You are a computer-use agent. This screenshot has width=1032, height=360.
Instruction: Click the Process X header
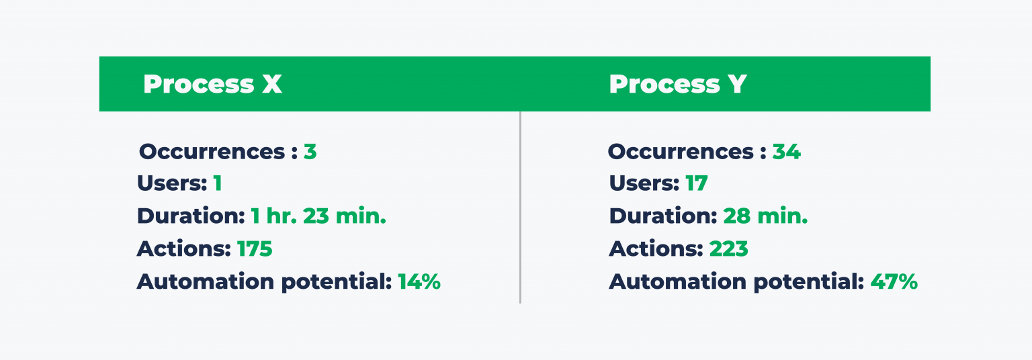(x=212, y=85)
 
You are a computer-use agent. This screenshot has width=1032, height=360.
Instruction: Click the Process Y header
(x=677, y=85)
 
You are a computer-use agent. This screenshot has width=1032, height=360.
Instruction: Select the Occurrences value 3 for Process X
(x=310, y=152)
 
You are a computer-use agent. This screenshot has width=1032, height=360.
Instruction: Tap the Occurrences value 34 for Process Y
(x=786, y=152)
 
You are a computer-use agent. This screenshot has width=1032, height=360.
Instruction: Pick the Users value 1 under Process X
(x=217, y=183)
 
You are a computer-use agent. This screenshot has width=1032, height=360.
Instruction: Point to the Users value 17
(x=696, y=183)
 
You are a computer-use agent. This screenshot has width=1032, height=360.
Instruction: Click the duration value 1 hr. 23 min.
(x=318, y=216)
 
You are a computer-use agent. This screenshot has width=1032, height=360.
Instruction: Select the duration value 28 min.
(x=765, y=216)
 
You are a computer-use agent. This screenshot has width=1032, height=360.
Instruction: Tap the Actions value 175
(x=255, y=249)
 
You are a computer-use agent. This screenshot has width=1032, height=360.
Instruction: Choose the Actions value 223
(x=729, y=249)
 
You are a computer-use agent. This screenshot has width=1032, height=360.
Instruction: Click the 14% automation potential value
(x=419, y=282)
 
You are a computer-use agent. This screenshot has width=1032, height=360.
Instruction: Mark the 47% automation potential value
(x=894, y=282)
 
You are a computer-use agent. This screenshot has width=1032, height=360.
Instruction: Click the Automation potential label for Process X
(x=264, y=282)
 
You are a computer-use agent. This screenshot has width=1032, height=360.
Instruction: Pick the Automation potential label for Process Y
(x=736, y=282)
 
